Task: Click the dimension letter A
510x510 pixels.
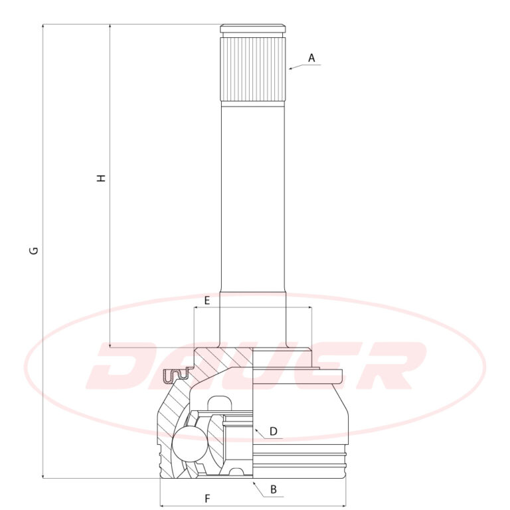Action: [x=311, y=58]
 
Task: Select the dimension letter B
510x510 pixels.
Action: [x=274, y=489]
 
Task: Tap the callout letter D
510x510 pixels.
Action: [x=274, y=431]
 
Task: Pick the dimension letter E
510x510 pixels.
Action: [x=207, y=301]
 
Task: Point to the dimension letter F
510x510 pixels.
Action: [x=207, y=498]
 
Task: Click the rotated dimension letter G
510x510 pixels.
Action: [x=34, y=251]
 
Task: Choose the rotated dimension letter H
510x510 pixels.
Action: [x=102, y=178]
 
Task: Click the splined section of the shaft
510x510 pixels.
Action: [x=254, y=69]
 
